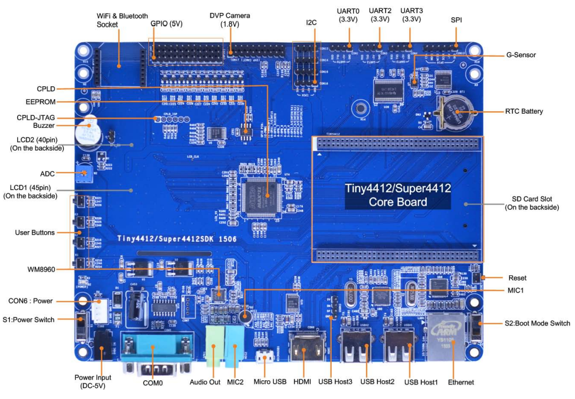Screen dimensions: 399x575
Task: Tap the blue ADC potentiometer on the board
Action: point(84,174)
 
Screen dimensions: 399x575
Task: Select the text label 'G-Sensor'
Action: point(520,55)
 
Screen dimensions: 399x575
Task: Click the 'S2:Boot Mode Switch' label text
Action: point(537,323)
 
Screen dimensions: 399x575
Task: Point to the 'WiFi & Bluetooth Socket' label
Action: point(122,20)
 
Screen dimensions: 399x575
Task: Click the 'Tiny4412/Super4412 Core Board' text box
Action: point(398,195)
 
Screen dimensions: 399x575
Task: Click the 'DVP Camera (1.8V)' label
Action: point(229,20)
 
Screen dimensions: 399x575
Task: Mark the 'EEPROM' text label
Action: point(41,102)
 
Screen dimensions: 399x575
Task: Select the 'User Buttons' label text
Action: point(35,232)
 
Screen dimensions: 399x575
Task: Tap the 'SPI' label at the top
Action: point(456,20)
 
